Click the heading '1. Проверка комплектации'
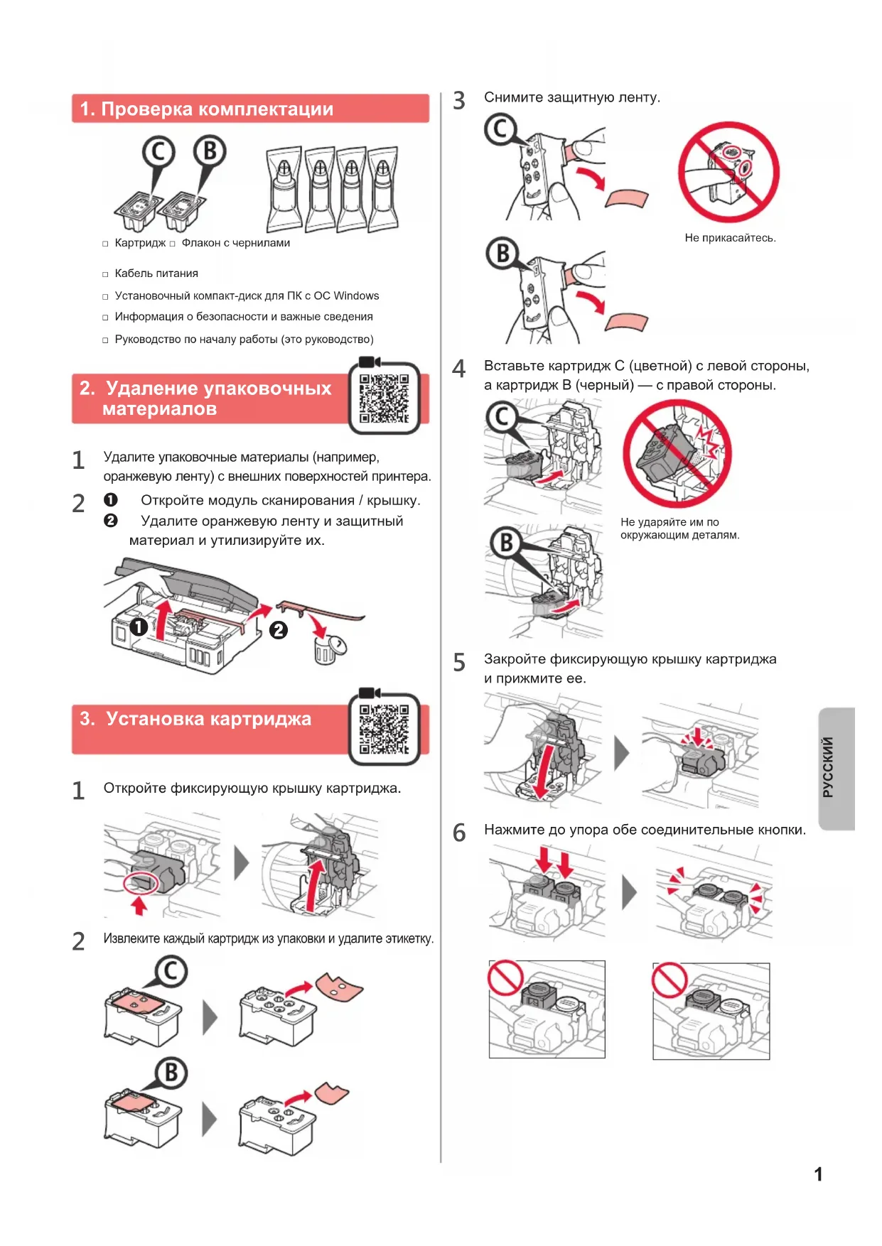click(207, 109)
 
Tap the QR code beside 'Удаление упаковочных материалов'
click(384, 399)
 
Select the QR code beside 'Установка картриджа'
click(384, 729)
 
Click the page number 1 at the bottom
click(818, 1174)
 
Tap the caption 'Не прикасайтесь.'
click(730, 238)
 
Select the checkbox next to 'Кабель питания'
click(105, 274)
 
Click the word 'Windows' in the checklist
click(356, 296)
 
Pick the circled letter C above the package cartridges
click(158, 152)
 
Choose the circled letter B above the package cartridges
click(210, 151)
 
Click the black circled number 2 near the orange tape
click(279, 629)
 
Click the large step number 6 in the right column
click(459, 833)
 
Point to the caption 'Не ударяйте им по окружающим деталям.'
click(679, 529)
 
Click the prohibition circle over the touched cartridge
click(728, 172)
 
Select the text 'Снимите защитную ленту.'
click(572, 97)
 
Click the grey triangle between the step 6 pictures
click(629, 892)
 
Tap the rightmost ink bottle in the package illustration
click(384, 189)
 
